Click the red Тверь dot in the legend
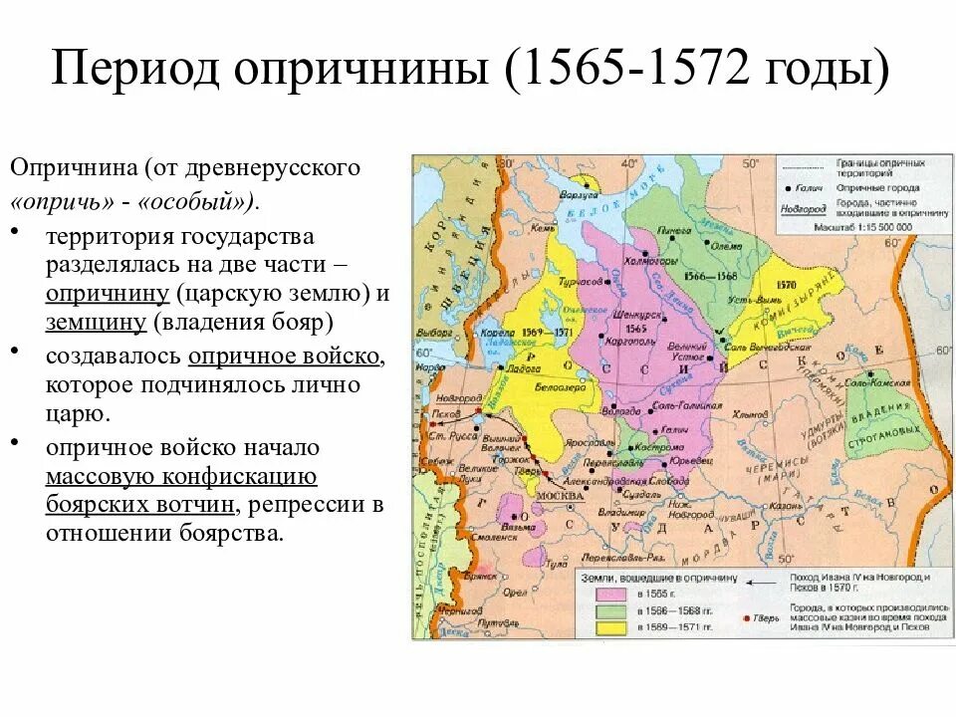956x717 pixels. point(747,618)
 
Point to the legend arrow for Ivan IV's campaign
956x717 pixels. point(763,585)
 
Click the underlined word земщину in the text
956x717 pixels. point(96,322)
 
